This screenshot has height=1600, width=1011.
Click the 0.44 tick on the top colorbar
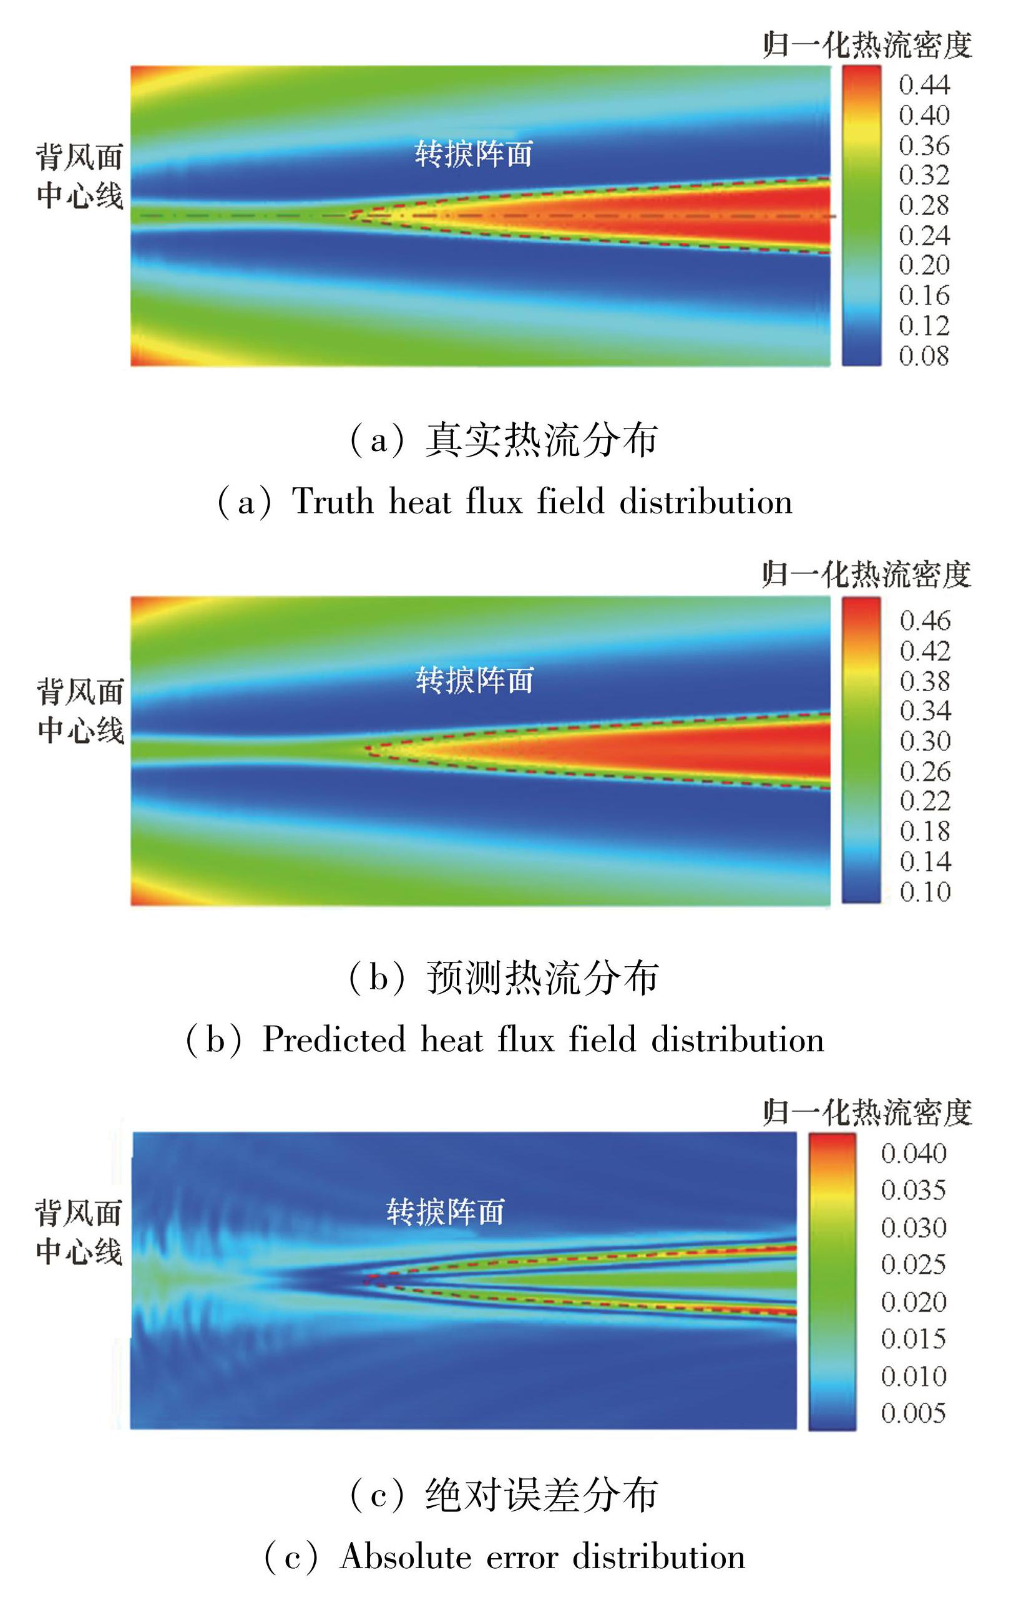tap(924, 85)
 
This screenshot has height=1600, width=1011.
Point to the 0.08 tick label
tap(924, 356)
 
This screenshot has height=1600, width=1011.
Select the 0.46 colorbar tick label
tap(925, 621)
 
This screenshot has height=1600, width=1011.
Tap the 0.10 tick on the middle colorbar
tap(925, 891)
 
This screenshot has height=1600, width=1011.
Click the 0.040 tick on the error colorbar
tap(913, 1153)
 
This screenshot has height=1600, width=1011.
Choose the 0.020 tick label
tap(913, 1302)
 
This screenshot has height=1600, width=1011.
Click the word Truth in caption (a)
tap(333, 501)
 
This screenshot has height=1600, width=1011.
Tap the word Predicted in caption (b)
tap(334, 1039)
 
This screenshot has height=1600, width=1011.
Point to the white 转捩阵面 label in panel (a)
tap(473, 154)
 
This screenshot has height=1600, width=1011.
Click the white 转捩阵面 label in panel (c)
tap(446, 1212)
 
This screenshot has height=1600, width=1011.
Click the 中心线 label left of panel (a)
tap(80, 196)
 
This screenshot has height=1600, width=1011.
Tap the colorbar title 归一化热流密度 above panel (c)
tap(867, 1112)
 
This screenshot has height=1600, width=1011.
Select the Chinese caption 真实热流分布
tap(542, 440)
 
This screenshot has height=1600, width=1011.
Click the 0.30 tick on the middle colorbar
tap(925, 741)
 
